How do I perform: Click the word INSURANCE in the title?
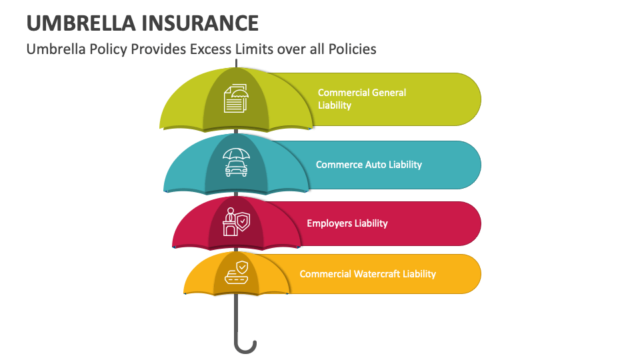click(x=199, y=23)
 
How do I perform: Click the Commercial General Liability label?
click(x=361, y=99)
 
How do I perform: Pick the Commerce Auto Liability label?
click(x=369, y=164)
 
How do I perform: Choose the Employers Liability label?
click(x=347, y=223)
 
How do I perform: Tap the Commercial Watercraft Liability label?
click(x=367, y=274)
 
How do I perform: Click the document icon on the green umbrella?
click(x=235, y=98)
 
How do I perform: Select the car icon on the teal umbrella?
click(x=236, y=162)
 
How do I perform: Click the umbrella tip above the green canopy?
click(x=235, y=64)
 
